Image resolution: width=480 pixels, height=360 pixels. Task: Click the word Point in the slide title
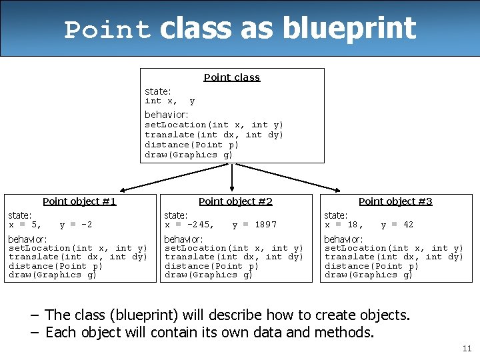click(107, 30)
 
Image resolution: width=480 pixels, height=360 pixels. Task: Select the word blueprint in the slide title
click(349, 28)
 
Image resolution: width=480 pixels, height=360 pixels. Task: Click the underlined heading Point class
click(231, 77)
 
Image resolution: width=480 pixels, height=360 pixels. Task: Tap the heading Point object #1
click(79, 201)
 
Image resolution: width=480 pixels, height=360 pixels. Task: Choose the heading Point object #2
click(235, 201)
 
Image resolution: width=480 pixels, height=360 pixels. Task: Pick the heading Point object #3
click(395, 201)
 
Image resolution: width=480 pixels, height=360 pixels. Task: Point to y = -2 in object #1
click(76, 225)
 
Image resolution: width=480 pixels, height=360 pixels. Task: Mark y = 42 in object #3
click(397, 225)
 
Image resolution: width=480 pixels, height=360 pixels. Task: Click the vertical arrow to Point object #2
click(232, 177)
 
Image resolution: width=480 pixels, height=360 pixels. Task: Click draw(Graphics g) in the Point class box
click(189, 155)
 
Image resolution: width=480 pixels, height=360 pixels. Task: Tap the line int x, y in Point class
click(170, 101)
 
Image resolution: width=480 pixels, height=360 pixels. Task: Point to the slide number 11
click(466, 349)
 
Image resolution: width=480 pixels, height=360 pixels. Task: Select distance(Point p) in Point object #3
click(371, 266)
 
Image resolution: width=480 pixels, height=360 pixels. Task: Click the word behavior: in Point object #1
click(27, 239)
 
